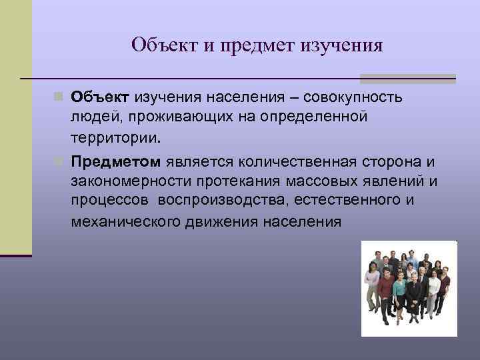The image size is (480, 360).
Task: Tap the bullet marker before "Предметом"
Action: point(61,161)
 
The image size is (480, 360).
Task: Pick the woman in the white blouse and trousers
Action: point(434,290)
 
